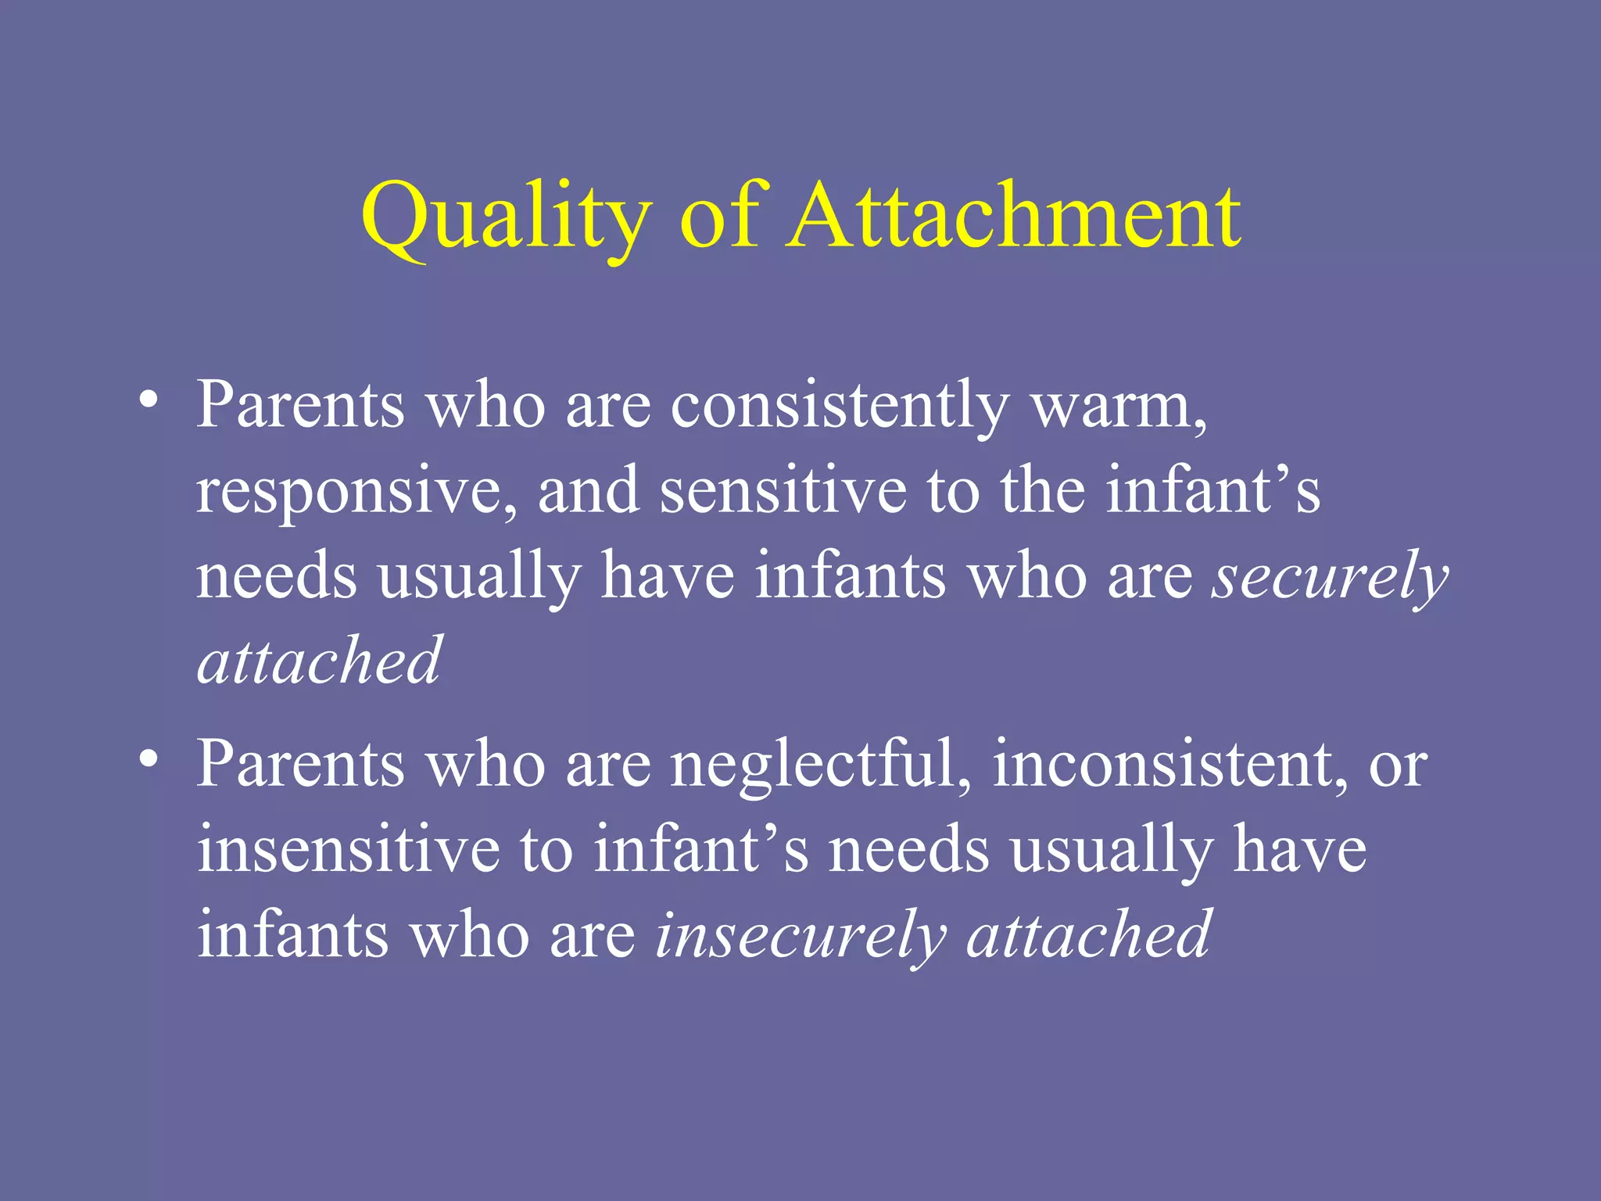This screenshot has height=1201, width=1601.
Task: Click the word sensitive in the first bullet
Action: point(783,491)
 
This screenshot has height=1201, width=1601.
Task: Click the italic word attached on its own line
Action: point(320,661)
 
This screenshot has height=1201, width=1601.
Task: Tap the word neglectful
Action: point(821,764)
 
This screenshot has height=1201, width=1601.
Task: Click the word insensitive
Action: point(348,850)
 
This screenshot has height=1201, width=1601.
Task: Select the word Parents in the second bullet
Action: point(300,764)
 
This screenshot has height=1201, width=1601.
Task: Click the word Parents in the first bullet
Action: point(300,407)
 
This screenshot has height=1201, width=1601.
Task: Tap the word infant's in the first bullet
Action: point(1212,491)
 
